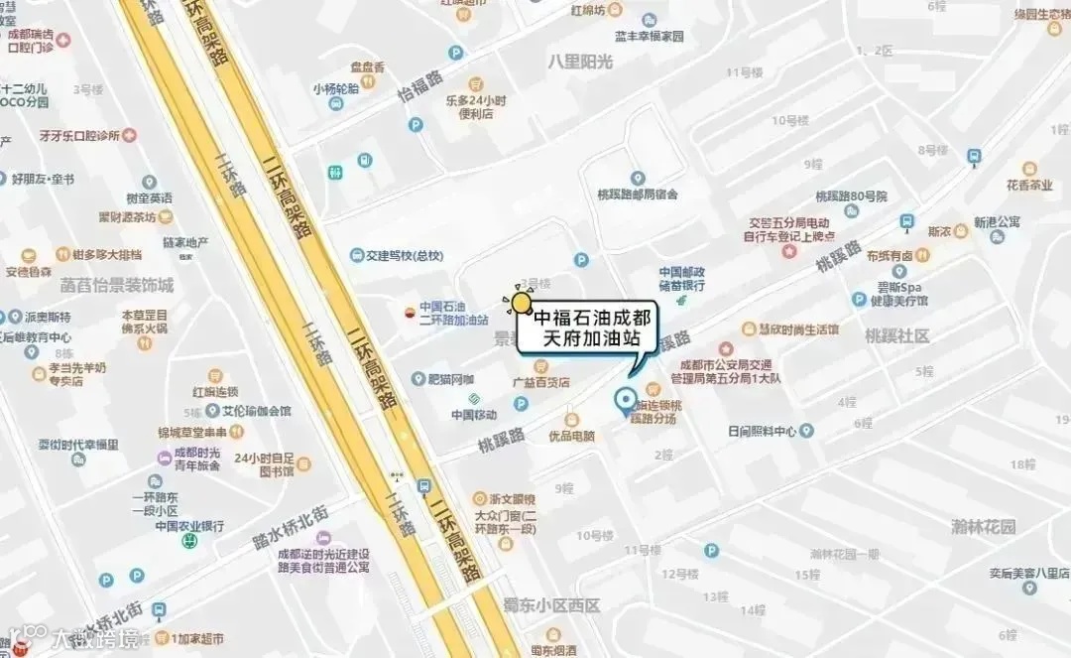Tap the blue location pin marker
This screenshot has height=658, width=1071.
(626, 401)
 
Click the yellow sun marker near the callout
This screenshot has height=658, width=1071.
(522, 303)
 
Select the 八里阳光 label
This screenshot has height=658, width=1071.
(580, 62)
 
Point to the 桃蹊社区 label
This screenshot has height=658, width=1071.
(896, 336)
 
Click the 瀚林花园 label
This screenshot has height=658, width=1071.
(983, 527)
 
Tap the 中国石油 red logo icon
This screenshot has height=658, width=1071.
(409, 311)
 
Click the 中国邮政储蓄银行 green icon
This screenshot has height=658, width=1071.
(681, 301)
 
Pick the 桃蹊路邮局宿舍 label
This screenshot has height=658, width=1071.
(636, 194)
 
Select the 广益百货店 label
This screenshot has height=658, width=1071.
(539, 382)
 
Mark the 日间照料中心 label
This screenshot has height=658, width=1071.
(762, 431)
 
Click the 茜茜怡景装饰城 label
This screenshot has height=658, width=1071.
(116, 285)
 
